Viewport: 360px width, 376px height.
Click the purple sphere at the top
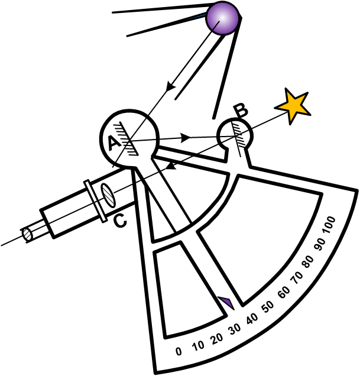click(222, 18)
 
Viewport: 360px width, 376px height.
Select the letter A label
click(115, 143)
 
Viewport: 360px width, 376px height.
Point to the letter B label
click(241, 111)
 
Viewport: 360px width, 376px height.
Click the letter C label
click(120, 221)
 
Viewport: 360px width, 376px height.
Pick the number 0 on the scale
click(179, 351)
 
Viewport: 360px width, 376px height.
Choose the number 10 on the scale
click(199, 346)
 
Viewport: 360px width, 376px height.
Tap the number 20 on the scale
click(217, 339)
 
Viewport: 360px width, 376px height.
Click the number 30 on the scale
click(235, 329)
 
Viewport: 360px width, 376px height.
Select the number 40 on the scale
click(252, 319)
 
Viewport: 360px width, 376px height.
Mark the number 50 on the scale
click(268, 306)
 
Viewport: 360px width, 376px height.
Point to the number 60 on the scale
click(284, 292)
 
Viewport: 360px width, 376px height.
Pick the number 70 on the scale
click(297, 277)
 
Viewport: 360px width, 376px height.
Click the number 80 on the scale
click(308, 262)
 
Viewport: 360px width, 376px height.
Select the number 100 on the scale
click(329, 225)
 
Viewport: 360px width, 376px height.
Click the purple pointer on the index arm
click(226, 303)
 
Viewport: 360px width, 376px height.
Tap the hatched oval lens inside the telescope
click(108, 195)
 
